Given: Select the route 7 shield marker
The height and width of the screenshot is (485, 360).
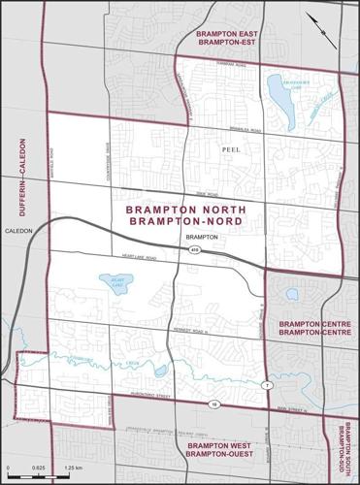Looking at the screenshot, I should click(x=263, y=386).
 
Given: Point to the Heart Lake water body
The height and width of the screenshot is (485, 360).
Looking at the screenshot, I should click(x=114, y=284).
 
